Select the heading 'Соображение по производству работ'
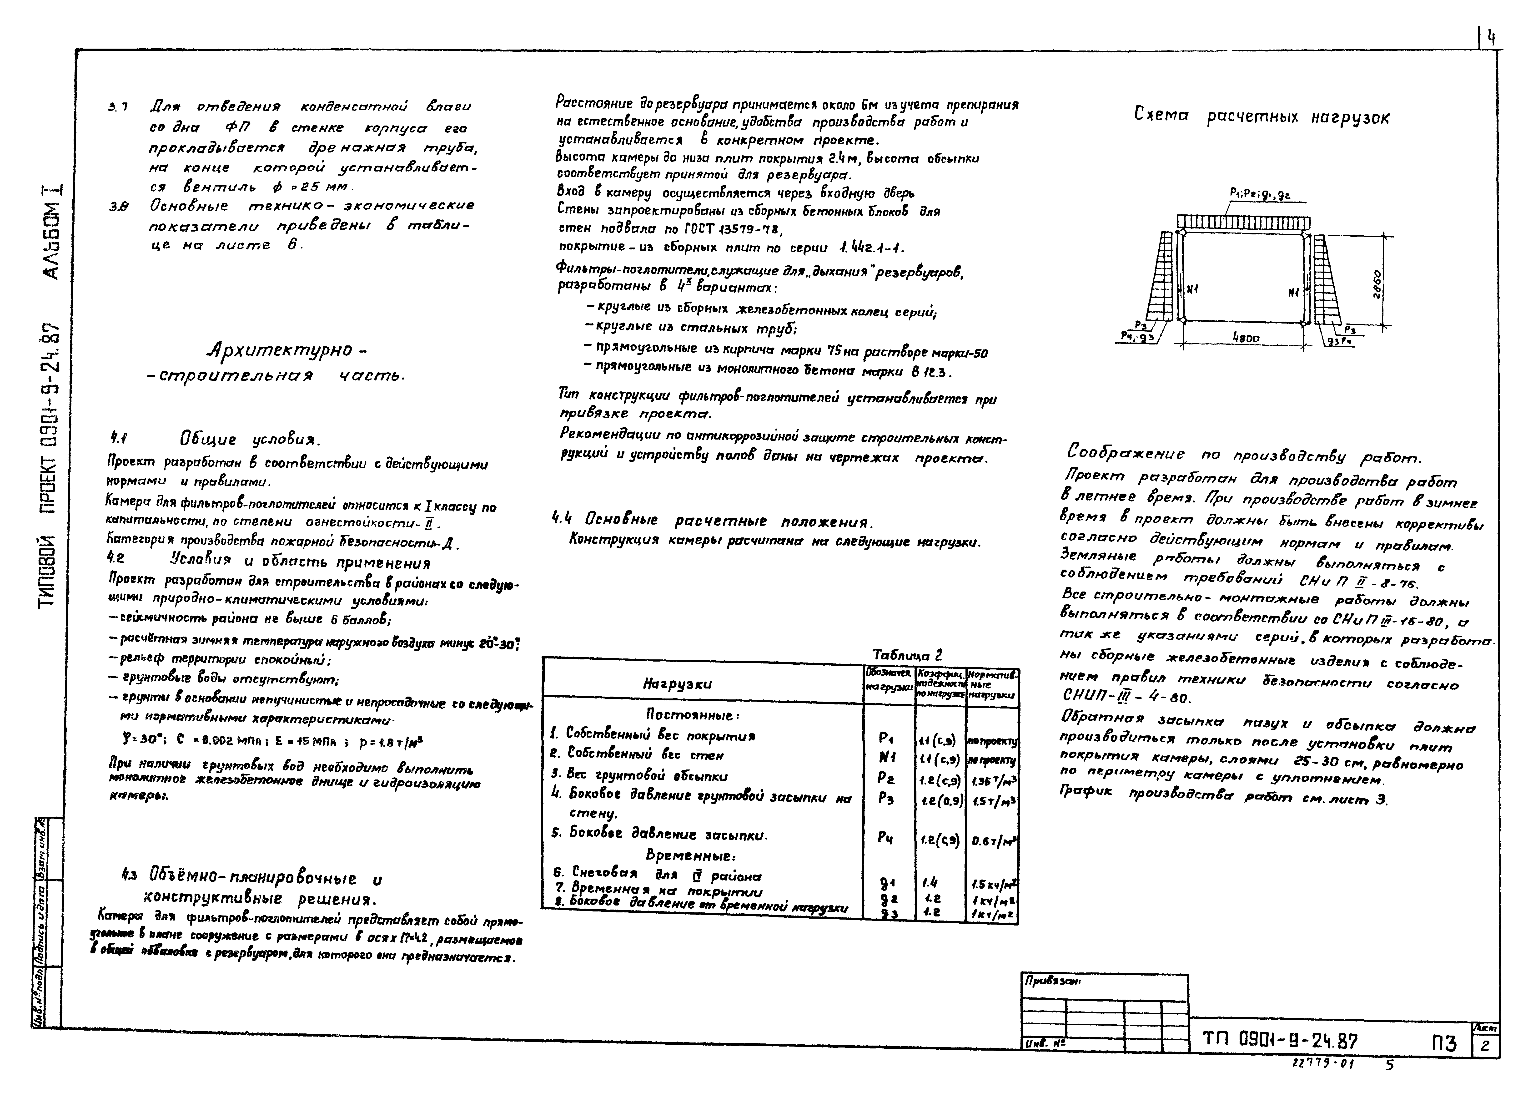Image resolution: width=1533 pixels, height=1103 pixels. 1244,455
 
